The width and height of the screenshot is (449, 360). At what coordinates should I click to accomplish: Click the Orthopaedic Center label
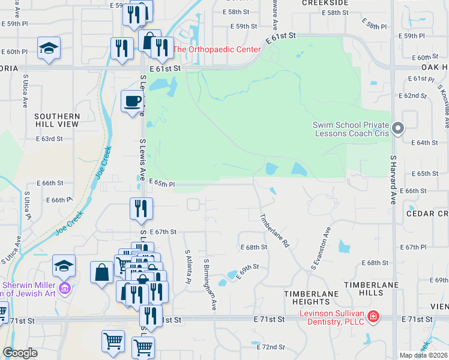pos(217,49)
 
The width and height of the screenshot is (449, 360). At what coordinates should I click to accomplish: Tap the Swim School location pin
pos(397,128)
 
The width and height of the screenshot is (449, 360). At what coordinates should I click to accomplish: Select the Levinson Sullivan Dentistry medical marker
pos(373,316)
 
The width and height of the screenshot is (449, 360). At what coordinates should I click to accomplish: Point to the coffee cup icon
pos(132,101)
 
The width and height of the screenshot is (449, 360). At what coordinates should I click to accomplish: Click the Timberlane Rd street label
pos(274,231)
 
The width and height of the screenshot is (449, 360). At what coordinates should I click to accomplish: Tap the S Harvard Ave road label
pos(393,180)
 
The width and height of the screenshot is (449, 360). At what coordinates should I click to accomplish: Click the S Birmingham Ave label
pos(209,284)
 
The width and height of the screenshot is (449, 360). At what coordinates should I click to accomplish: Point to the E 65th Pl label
pos(161,184)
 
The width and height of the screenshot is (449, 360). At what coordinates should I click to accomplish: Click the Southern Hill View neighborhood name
pos(56,120)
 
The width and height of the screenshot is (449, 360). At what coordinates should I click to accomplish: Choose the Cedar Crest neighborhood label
pos(427,214)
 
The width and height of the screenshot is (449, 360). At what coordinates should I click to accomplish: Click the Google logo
pos(20,353)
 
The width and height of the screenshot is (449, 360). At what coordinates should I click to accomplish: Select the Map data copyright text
pos(423,355)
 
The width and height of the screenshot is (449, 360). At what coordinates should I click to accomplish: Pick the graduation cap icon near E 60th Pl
pos(49,49)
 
